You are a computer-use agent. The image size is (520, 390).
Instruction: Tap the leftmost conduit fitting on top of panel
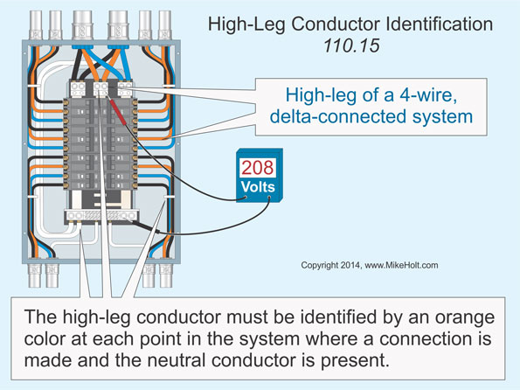pos(34,18)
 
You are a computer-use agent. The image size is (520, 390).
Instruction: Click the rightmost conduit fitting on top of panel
pos(163,18)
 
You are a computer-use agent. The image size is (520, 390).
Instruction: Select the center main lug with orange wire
pos(103,87)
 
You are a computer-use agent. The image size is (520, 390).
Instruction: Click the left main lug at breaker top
pos(80,87)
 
